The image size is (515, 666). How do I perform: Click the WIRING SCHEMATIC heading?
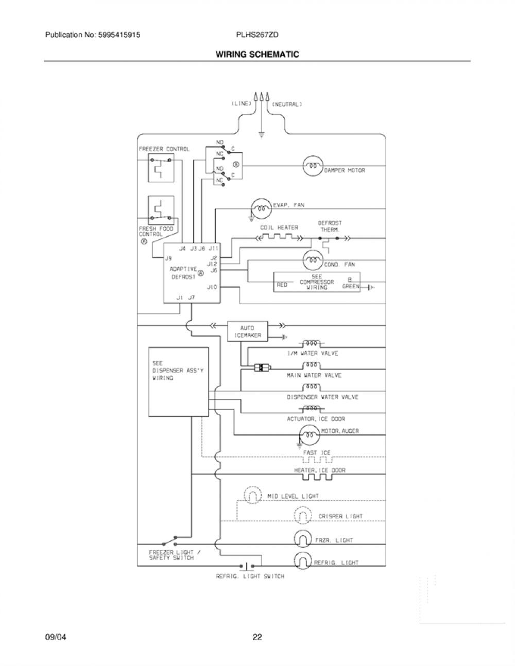257,54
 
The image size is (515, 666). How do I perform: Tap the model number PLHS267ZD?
257,35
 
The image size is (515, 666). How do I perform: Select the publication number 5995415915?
119,35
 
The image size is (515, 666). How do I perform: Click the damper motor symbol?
313,166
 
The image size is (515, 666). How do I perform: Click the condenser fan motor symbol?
313,260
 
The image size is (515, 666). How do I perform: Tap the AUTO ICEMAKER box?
247,331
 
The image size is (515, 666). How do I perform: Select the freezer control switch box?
161,168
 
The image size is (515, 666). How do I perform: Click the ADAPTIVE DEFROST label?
183,273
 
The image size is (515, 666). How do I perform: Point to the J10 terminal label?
212,287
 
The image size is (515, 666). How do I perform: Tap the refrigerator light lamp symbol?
303,560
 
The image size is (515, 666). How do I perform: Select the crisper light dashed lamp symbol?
303,515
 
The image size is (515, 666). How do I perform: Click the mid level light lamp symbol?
253,495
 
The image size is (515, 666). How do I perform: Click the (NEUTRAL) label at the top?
287,104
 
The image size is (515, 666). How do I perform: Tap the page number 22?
257,638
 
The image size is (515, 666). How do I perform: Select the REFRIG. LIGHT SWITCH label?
250,576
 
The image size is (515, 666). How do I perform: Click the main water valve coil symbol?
312,365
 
